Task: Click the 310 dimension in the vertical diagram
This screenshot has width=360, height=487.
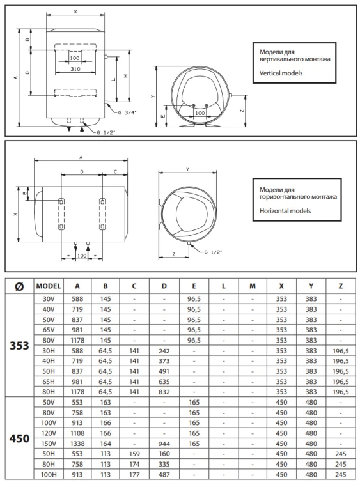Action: [75, 69]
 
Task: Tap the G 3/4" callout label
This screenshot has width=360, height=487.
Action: [127, 112]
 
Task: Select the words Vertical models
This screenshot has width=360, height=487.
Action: [281, 73]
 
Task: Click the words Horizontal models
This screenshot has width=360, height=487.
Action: [285, 211]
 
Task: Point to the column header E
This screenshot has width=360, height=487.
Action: [194, 286]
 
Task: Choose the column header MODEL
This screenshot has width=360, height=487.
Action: [49, 286]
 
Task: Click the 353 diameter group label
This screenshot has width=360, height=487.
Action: [19, 345]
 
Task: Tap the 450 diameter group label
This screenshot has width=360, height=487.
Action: [19, 438]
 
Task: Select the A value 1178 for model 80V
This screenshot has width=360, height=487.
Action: [77, 341]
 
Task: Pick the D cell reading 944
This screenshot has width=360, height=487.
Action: [164, 444]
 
